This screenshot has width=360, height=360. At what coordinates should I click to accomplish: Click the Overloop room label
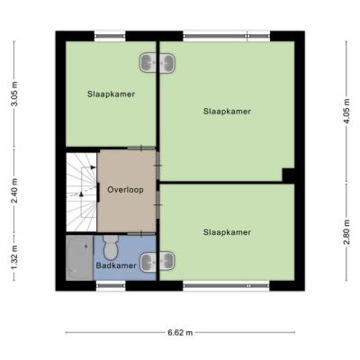125,190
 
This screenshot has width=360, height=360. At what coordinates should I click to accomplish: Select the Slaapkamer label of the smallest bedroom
111,94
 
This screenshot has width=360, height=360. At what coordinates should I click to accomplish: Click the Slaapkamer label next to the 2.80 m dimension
227,232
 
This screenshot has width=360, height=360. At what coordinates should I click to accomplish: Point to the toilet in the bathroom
111,247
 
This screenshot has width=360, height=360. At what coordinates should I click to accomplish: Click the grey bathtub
79,258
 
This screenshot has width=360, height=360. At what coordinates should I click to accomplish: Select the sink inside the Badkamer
148,261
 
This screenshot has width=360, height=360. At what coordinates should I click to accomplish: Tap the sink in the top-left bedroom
148,63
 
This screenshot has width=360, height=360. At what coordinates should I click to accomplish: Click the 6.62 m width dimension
180,332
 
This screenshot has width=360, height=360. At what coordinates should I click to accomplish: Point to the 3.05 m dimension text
14,94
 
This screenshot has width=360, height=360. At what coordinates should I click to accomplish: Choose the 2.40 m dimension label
14,191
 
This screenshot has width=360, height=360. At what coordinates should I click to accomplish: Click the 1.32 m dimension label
14,257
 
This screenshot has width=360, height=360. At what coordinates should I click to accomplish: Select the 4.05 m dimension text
346,111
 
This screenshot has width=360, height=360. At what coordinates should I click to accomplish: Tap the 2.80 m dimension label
346,232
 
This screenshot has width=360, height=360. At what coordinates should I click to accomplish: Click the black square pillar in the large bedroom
288,175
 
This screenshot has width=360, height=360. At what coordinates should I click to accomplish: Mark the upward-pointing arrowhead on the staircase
81,194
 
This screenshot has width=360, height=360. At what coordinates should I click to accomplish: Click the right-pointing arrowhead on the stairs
94,167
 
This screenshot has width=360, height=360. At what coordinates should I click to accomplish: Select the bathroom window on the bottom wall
111,286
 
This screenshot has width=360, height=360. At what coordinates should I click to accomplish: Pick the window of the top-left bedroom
110,36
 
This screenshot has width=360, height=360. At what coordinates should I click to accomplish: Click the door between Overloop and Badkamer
141,233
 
